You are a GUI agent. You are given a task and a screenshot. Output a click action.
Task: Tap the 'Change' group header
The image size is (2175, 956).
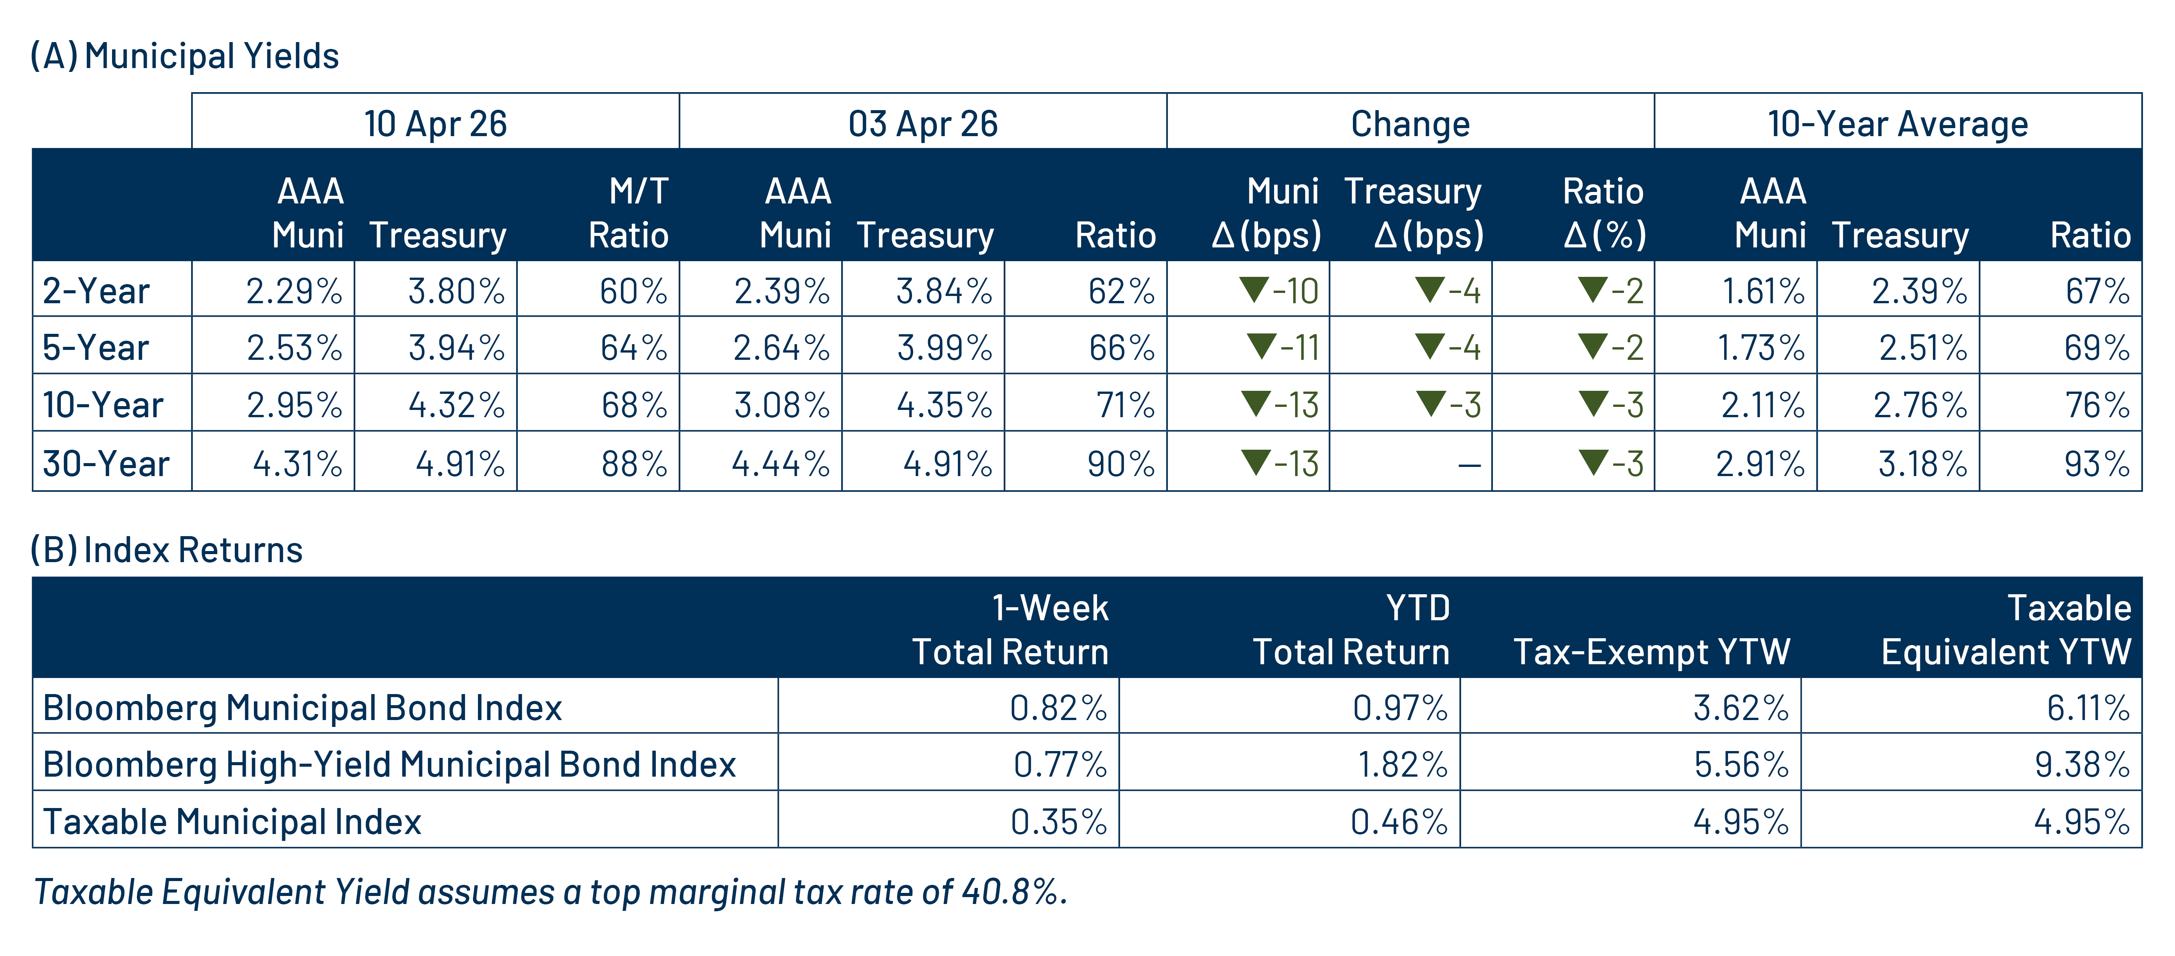(1410, 124)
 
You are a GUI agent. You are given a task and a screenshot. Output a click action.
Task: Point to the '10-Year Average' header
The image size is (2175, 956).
(1897, 124)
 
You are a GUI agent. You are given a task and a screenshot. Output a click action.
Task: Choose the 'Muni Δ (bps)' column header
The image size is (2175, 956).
(1266, 213)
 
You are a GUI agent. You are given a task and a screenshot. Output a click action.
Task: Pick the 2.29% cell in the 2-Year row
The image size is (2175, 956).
(294, 291)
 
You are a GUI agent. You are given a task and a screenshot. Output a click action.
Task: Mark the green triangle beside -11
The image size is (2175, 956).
(1261, 345)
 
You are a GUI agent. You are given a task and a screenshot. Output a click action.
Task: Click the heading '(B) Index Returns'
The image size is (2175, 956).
(166, 550)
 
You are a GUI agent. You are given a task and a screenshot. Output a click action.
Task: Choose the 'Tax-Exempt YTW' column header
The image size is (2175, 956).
(1652, 652)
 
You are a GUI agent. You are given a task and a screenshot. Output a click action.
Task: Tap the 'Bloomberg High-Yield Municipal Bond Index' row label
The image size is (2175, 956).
(389, 764)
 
